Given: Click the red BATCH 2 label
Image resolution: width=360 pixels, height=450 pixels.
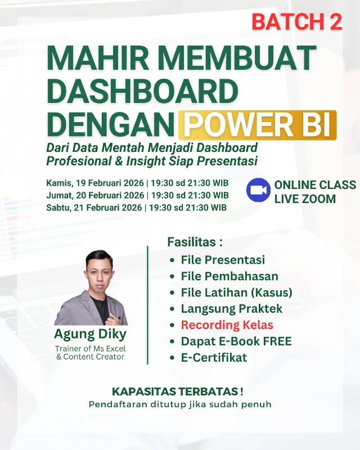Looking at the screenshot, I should click(x=296, y=22).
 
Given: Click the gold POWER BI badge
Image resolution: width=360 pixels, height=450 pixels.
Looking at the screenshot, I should click(x=257, y=125).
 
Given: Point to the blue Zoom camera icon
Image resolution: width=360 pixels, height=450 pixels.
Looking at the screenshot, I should click(x=258, y=190).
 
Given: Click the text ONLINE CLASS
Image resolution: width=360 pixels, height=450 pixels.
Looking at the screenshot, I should click(x=315, y=185).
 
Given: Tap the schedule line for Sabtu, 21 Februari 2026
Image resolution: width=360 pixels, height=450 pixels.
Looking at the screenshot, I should click(x=136, y=208).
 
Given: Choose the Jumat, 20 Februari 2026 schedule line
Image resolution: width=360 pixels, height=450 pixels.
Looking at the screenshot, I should click(x=137, y=195).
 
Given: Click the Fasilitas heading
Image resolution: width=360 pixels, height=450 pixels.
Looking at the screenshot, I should click(x=195, y=242).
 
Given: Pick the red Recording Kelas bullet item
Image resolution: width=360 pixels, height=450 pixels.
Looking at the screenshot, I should click(x=227, y=325).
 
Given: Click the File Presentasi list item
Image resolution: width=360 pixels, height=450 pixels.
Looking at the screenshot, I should click(x=223, y=260).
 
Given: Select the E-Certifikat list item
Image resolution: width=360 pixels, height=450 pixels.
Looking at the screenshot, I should click(x=214, y=358).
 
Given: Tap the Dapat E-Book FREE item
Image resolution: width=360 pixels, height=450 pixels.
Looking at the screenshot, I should click(x=236, y=341).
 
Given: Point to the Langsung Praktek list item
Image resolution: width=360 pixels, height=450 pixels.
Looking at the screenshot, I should click(x=232, y=309).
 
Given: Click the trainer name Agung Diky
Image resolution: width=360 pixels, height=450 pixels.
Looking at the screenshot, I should click(x=90, y=334).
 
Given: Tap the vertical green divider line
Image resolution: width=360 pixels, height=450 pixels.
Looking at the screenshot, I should click(x=147, y=304).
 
